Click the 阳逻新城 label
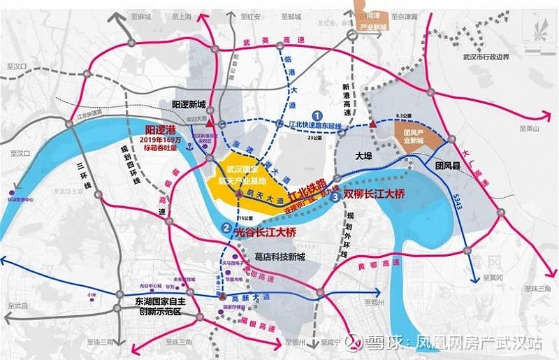click(189, 104)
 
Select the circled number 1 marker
click(317, 114)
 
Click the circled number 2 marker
click(226, 226)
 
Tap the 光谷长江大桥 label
click(266, 228)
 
